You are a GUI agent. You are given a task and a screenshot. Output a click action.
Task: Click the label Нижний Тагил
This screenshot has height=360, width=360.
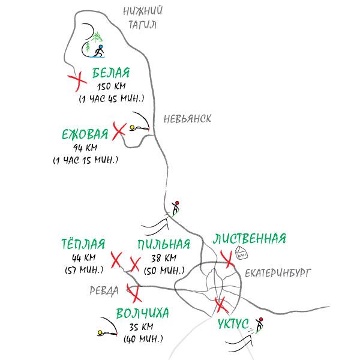tap(143, 17)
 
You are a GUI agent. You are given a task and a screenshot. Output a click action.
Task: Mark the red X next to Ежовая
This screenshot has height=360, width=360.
tap(119, 128)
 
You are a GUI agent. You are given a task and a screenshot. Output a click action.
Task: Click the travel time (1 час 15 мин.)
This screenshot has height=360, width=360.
tap(85, 160)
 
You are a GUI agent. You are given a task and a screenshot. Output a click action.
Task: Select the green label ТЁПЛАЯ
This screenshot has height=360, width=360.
tap(83, 244)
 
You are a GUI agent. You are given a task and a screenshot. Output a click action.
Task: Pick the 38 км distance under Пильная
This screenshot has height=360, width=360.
tap(164, 258)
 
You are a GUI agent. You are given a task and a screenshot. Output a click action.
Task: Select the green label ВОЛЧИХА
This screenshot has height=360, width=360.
tap(142, 314)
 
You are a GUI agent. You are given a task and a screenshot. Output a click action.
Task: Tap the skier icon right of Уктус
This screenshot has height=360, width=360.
tap(259, 324)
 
